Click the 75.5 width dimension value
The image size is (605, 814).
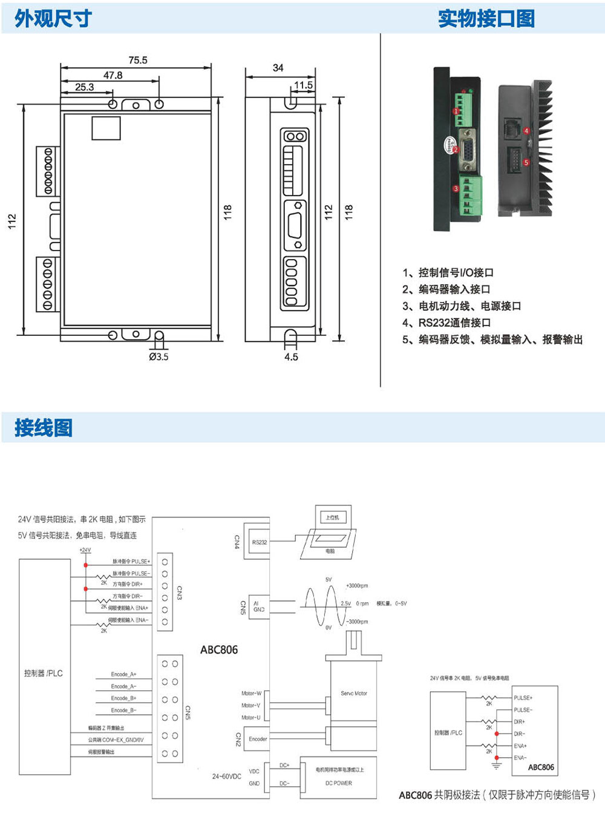point(137,60)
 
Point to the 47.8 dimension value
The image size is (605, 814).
point(113,75)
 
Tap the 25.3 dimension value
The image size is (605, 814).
point(85,87)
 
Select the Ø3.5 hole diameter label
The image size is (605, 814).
point(159,356)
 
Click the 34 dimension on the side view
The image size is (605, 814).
point(278,68)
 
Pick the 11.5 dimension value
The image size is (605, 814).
point(303,85)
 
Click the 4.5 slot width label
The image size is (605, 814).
point(291,357)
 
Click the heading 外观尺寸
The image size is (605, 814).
point(53,19)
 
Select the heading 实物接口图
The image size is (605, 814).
point(486,19)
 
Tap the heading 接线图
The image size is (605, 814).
point(44,428)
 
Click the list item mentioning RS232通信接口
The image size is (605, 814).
point(446,323)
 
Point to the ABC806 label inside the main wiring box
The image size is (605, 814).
point(219,649)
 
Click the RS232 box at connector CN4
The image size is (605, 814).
point(260,542)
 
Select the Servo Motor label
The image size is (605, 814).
point(354,694)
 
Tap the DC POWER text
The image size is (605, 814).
point(339,783)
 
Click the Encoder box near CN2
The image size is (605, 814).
point(258,739)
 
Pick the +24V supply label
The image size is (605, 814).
point(85,550)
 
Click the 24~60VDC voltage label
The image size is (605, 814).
point(226,776)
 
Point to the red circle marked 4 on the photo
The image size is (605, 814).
point(526,131)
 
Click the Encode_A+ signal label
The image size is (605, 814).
point(123,674)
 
